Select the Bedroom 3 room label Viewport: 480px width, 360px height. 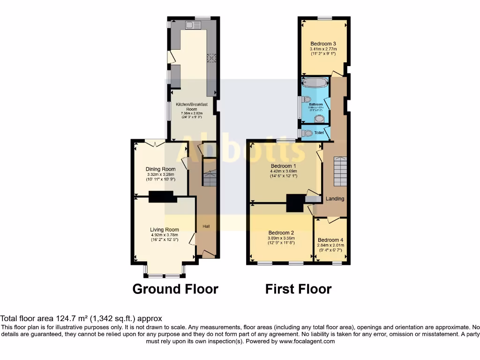[323, 44]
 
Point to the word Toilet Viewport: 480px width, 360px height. [319, 133]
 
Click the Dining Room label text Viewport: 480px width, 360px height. [160, 169]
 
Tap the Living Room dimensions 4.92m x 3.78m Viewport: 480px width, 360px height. [164, 235]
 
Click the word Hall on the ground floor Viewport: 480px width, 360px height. [206, 227]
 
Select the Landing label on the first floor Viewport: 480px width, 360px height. [335, 199]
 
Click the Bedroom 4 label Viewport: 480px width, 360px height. [330, 240]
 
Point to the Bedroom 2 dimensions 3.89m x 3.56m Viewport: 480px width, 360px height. [281, 238]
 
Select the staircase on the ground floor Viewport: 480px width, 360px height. [209, 173]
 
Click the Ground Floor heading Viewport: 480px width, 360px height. [175, 289]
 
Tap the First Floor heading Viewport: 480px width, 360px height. [298, 289]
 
